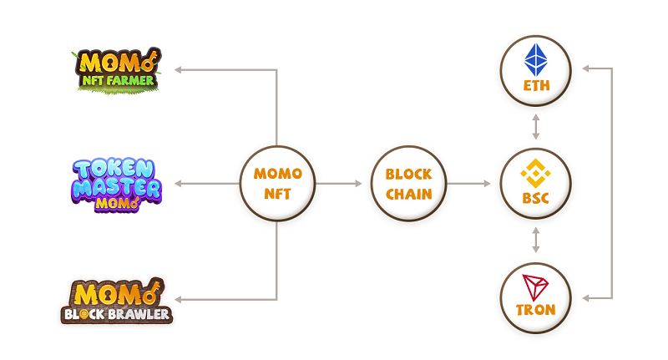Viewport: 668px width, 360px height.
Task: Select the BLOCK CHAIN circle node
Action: coord(408,184)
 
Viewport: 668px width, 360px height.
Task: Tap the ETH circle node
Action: coord(535,70)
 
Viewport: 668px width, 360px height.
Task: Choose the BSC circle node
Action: coord(535,184)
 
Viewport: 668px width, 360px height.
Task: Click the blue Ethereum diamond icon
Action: coord(535,60)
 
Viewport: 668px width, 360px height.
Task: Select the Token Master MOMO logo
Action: coord(116,182)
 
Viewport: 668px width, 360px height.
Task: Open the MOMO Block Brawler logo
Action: coord(116,301)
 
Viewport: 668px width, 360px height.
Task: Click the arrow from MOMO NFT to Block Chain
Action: coord(342,184)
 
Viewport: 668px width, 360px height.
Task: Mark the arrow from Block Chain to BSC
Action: coord(472,184)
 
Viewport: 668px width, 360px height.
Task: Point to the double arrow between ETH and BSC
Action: coord(535,127)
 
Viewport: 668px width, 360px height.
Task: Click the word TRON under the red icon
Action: coord(535,310)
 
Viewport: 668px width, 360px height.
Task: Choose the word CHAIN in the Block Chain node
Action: coord(408,194)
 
